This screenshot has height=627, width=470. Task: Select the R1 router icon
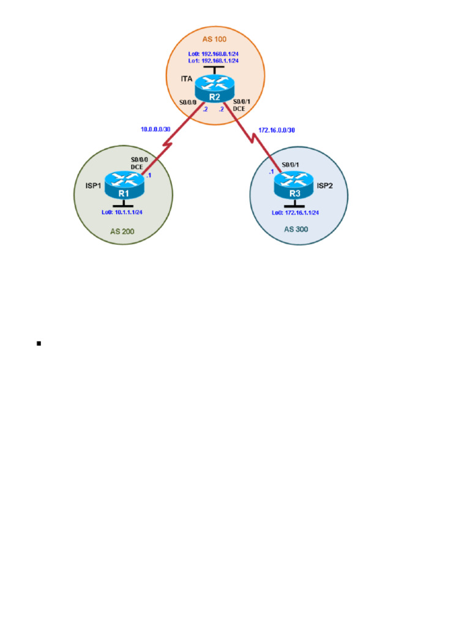(124, 186)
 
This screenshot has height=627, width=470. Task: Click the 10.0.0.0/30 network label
(155, 129)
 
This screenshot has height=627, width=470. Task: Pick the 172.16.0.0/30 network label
(272, 131)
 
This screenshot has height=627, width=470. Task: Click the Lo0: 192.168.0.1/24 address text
(214, 53)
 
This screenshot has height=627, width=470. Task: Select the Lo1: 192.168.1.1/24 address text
(214, 61)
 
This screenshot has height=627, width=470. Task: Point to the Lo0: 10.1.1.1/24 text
(124, 212)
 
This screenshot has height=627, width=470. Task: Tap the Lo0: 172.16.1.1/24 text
(296, 212)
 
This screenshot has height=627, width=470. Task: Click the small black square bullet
(39, 344)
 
